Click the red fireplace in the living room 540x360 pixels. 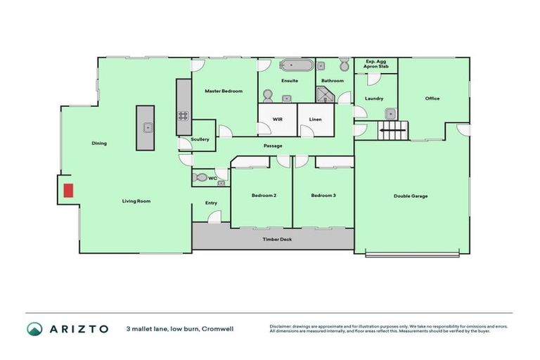[68, 190]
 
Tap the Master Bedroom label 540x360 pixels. [224, 91]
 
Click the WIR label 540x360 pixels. [277, 120]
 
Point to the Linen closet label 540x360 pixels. [315, 120]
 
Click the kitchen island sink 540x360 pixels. [148, 127]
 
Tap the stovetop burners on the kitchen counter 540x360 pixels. [184, 117]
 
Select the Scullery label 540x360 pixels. [200, 139]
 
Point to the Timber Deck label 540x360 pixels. [277, 240]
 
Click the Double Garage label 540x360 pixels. [411, 195]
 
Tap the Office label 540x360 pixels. [432, 98]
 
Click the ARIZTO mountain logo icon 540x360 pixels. [34, 329]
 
